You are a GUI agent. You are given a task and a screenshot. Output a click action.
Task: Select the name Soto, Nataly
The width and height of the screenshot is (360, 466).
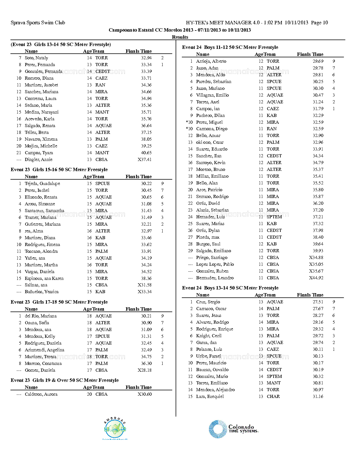36,58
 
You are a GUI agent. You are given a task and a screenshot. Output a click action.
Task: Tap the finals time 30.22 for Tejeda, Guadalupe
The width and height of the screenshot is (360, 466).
146,184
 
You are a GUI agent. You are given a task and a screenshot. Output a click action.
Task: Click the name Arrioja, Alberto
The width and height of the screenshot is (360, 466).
211,61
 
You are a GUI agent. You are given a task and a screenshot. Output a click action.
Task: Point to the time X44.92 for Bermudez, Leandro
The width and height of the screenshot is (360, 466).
316,278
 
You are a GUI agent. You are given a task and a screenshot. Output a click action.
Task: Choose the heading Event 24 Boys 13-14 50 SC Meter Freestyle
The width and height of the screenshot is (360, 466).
230,288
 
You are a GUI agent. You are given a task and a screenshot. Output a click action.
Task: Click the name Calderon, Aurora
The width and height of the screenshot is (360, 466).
41,394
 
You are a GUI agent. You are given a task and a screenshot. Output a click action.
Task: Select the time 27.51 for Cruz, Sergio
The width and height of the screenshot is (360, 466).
318,302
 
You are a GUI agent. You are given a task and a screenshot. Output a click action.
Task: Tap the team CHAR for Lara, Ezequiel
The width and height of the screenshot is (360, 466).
273,397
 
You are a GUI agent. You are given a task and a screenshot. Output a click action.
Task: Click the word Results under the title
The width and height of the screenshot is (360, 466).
180,37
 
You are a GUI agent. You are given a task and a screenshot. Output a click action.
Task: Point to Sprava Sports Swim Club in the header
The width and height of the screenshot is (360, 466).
38,23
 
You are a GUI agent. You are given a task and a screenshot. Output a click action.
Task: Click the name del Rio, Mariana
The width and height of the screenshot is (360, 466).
41,316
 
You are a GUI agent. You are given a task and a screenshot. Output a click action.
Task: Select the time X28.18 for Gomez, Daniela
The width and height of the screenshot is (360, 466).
145,370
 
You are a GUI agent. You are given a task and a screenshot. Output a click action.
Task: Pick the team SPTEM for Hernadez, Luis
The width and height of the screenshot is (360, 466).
274,217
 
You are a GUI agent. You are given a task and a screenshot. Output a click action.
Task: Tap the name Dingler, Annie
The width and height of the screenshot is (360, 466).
38,160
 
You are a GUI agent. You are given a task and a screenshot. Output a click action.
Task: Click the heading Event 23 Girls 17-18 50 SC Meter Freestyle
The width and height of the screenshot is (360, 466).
59,302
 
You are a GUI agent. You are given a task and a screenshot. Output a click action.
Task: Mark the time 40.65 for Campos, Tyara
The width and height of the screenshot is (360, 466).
146,153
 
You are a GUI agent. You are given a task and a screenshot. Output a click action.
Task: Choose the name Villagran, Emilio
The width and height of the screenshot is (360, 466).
212,95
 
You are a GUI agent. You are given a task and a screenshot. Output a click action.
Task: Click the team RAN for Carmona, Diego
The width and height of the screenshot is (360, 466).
272,129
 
